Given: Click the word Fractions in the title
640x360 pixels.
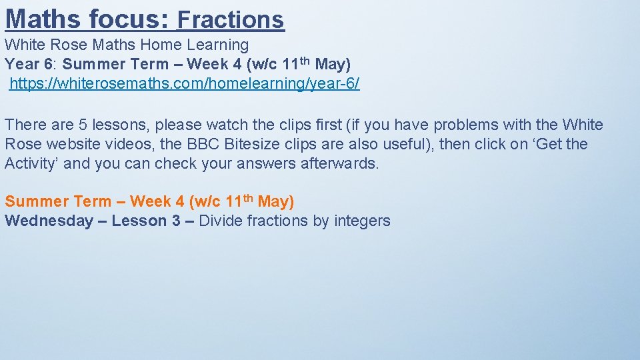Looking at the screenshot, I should (231, 19).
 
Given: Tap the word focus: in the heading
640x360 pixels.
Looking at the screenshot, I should (130, 19).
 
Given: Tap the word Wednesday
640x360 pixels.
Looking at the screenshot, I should (49, 221).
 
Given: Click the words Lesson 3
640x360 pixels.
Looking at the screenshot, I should (146, 221).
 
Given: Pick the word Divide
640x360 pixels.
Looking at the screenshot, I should (221, 221).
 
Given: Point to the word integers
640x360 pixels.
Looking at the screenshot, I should (361, 221).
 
